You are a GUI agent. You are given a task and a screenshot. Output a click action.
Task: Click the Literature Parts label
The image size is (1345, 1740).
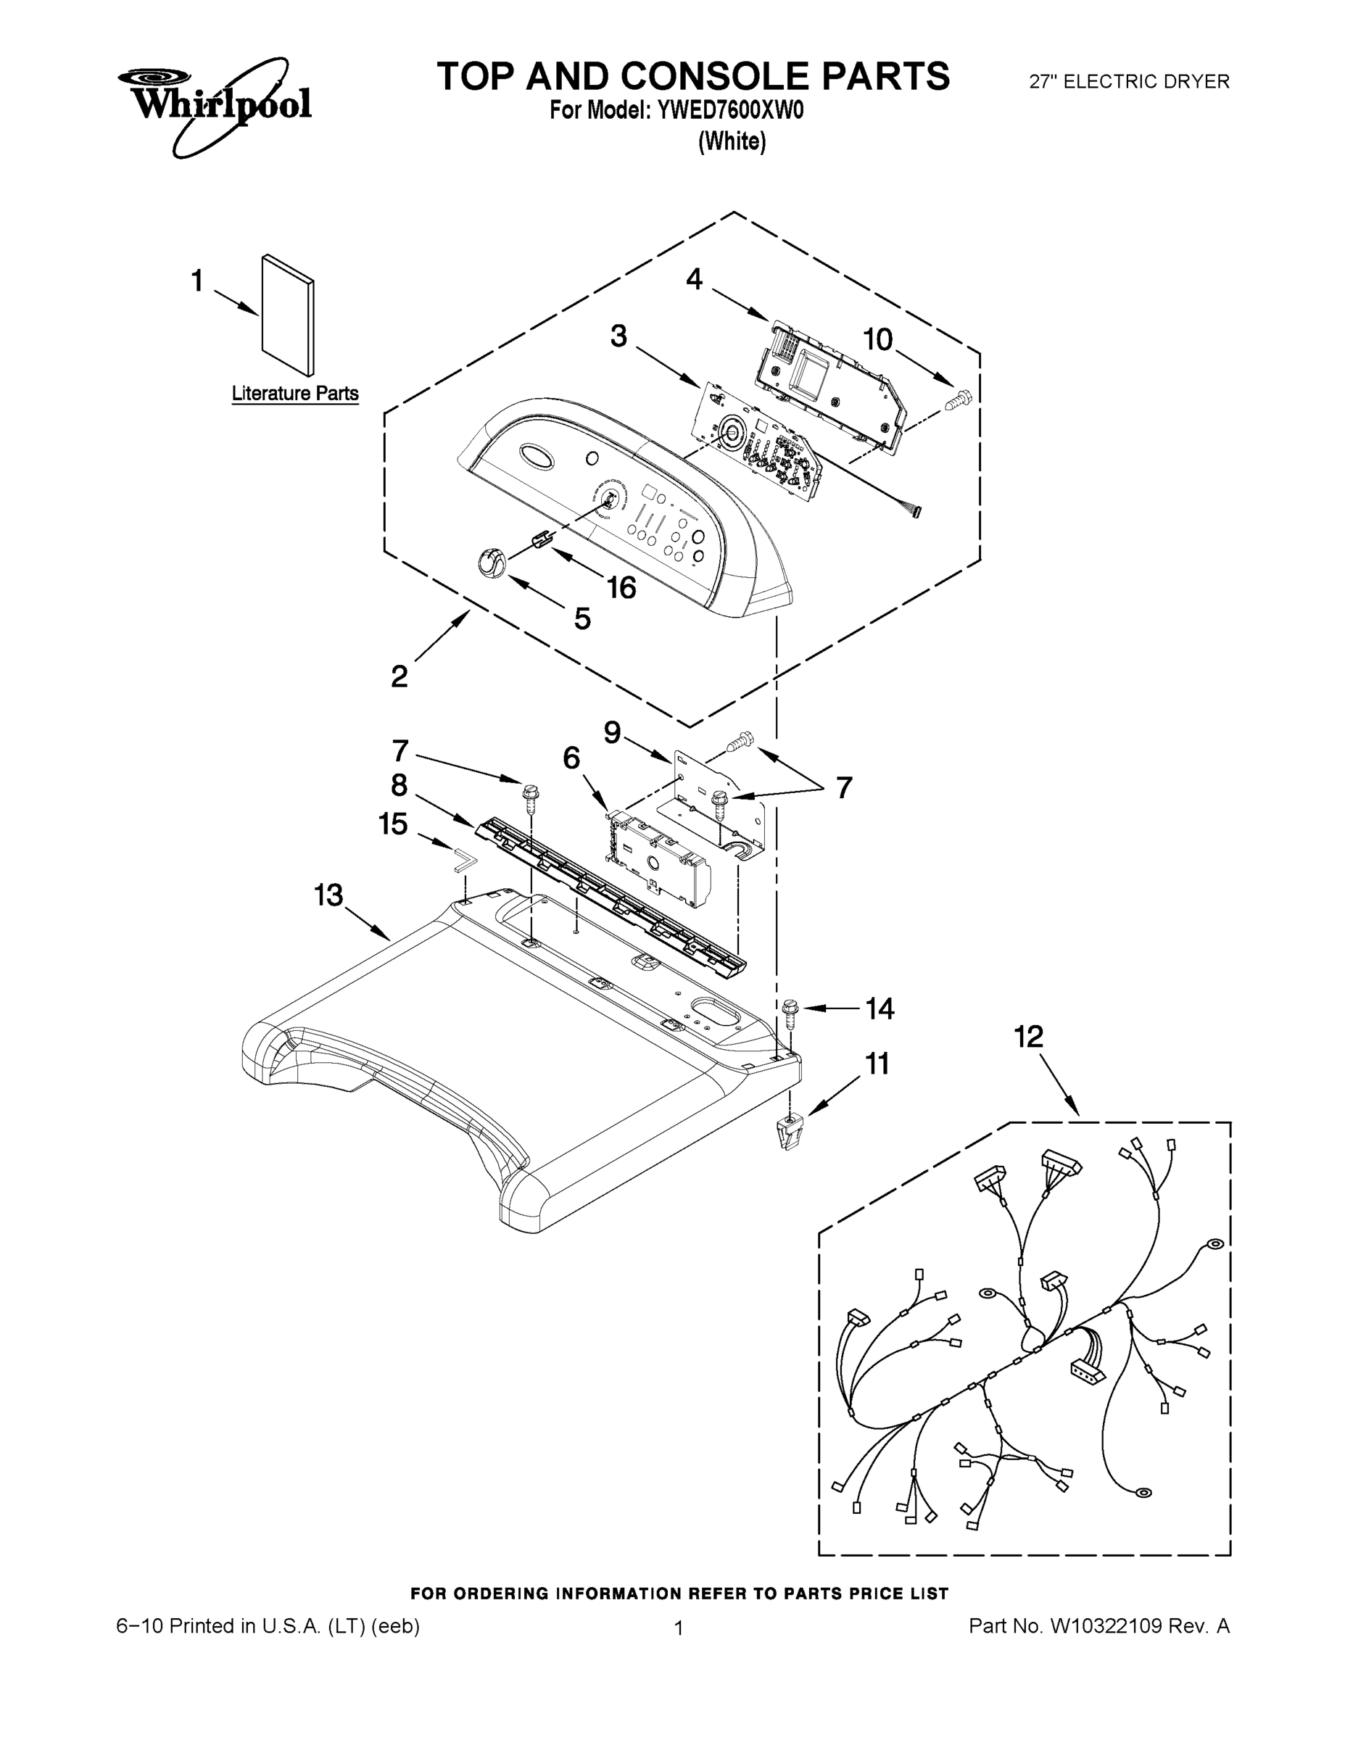click(x=295, y=394)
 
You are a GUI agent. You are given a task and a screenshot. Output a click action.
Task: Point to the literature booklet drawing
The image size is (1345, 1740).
click(x=288, y=314)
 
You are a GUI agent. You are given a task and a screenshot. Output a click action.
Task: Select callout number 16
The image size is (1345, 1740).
click(x=621, y=588)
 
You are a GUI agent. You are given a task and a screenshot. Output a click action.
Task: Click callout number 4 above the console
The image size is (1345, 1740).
click(x=694, y=279)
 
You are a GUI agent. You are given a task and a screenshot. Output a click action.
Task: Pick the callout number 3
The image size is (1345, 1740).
click(x=619, y=336)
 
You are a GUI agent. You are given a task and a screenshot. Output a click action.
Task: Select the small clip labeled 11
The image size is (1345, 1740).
click(x=787, y=1132)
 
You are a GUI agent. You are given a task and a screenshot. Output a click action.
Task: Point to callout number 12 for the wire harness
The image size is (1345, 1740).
click(x=1028, y=1037)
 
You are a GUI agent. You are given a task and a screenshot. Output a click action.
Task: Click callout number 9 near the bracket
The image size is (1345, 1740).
click(x=612, y=732)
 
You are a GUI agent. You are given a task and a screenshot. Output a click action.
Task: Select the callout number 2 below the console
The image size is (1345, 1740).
click(x=400, y=676)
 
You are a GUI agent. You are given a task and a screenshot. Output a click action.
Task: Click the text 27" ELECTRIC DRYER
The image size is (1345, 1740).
click(x=1129, y=81)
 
